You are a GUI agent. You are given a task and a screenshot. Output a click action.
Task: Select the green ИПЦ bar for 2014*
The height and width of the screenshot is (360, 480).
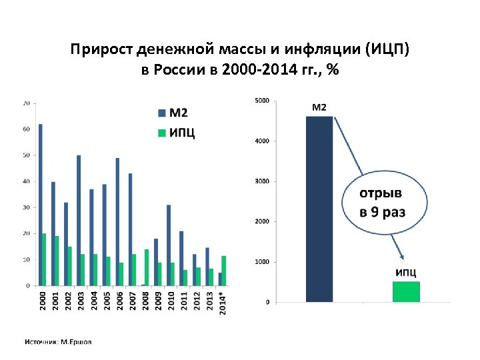click(225, 271)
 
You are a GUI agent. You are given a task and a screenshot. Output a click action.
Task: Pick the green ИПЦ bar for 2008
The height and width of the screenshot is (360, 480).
click(147, 267)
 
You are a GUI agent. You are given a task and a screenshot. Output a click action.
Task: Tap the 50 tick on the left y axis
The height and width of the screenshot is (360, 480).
click(26, 155)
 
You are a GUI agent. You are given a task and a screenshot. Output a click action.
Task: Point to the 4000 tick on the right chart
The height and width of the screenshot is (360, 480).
click(262, 141)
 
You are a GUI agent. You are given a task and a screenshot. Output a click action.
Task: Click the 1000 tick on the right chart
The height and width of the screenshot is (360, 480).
click(262, 262)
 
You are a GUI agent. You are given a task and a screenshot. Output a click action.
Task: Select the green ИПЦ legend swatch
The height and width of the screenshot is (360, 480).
click(161, 133)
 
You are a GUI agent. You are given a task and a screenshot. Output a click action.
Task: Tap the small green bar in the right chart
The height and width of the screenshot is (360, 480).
click(406, 292)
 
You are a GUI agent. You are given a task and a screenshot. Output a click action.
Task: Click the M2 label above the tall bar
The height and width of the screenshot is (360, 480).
click(320, 107)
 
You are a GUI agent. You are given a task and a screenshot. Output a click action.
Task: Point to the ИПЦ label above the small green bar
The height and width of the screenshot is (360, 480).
click(406, 272)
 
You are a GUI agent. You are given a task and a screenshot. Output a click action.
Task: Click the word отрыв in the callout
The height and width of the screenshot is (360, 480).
click(381, 194)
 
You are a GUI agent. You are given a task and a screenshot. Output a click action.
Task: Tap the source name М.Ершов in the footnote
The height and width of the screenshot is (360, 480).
click(76, 342)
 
